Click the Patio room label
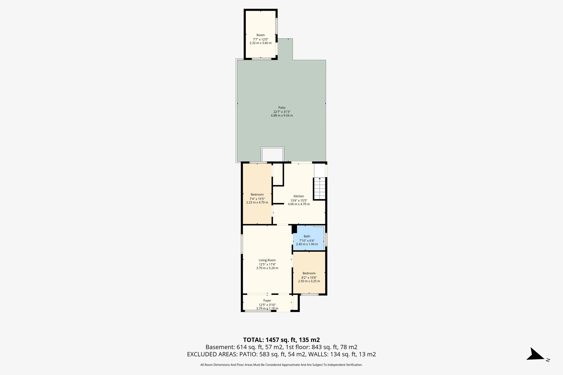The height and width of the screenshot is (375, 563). point(282,108)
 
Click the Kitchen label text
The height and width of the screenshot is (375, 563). point(299,196)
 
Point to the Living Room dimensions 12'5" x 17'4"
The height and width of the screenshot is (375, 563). point(267,264)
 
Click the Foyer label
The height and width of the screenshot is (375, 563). point(267,301)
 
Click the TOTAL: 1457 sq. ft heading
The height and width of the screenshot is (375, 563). point(281,340)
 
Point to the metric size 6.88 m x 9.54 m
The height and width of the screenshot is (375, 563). point(282,116)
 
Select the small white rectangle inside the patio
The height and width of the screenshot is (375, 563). point(272,154)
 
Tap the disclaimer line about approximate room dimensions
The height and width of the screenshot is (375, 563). point(281,365)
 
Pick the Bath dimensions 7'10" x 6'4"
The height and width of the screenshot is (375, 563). point(307,240)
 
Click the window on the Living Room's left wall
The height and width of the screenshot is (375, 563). point(242,244)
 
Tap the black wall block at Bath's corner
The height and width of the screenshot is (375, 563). point(294,229)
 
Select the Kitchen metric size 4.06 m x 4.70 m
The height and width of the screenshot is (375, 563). point(299,204)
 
